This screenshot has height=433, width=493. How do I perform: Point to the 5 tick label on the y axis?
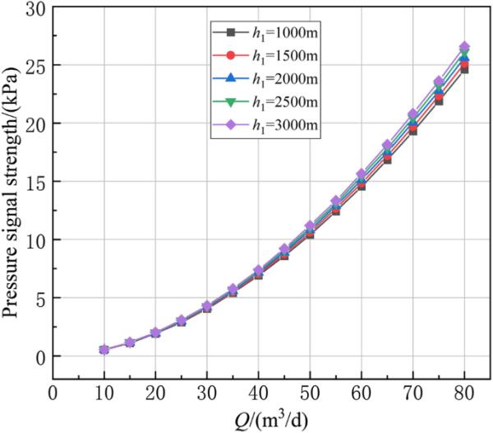point(38,298)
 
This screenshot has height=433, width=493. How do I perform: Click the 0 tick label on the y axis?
point(38,356)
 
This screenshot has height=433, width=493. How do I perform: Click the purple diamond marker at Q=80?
point(464,47)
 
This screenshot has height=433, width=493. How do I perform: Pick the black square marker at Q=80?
point(464,69)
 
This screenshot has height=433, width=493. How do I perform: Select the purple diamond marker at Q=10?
point(104,350)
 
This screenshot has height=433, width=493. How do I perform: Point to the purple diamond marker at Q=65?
point(387,145)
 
